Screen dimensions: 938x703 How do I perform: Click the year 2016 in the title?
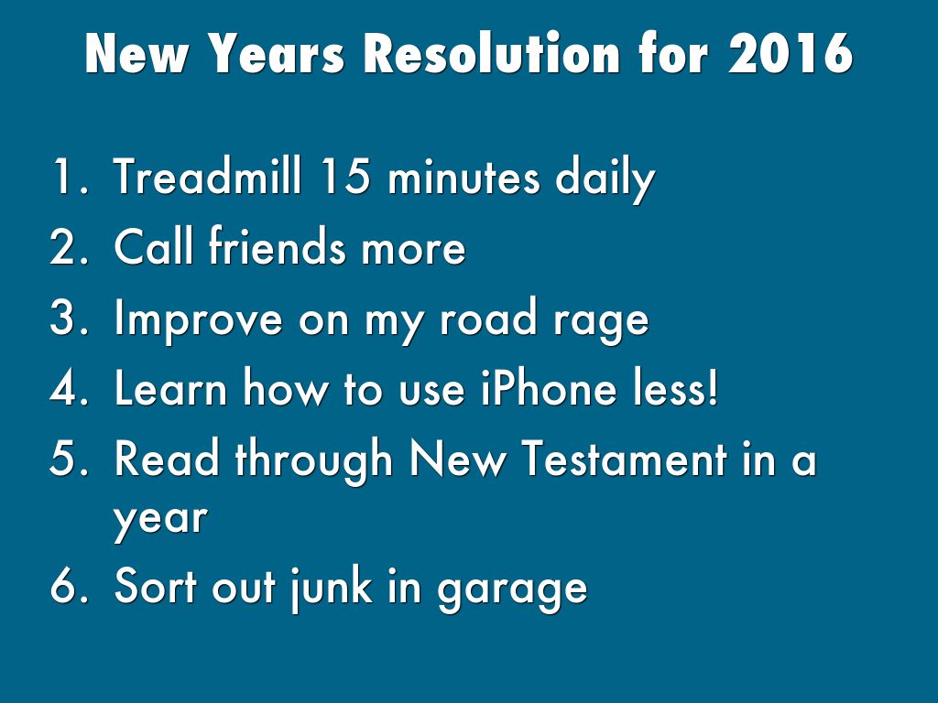(790, 53)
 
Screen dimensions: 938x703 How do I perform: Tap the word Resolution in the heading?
(492, 53)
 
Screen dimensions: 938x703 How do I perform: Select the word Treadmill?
(207, 176)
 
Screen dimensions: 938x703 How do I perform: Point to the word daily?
(605, 179)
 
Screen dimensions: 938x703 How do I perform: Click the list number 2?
(68, 246)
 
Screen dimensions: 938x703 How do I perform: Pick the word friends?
(278, 245)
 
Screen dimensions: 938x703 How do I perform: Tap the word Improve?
(198, 319)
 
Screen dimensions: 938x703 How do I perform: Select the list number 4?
(68, 387)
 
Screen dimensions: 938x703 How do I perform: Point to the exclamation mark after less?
(712, 387)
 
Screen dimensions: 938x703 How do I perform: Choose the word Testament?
(625, 459)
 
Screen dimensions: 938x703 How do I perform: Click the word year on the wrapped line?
(160, 519)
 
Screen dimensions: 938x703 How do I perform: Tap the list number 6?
(68, 586)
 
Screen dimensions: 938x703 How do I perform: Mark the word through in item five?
(313, 461)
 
